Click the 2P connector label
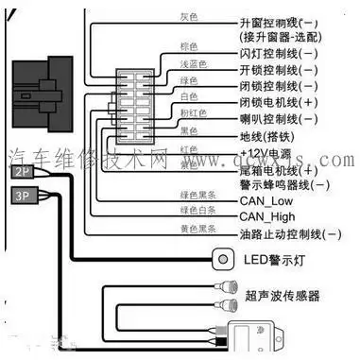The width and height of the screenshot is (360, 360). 23,173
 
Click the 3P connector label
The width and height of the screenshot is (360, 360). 23,196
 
